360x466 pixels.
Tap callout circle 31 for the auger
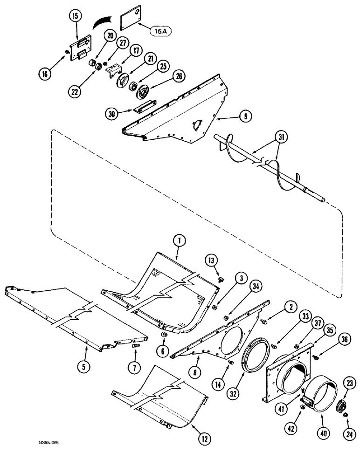click(281, 137)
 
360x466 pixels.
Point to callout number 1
click(179, 240)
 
